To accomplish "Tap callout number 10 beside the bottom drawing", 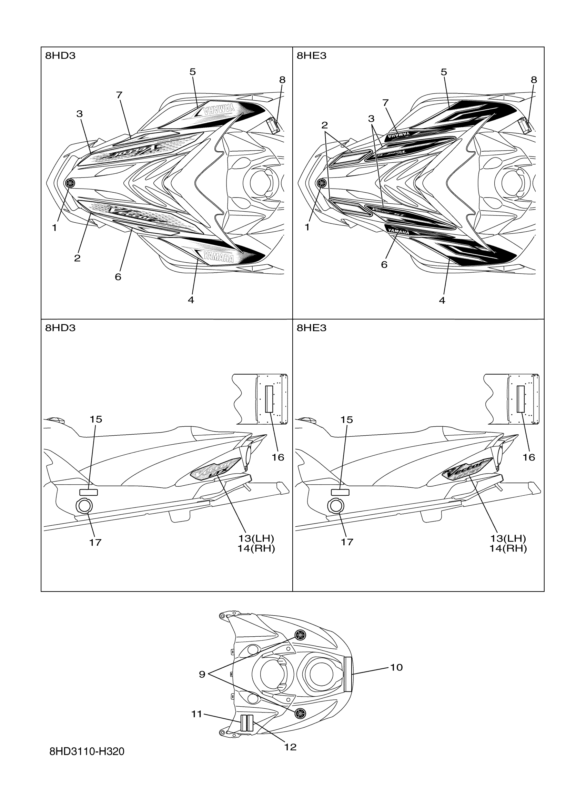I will point(396,667).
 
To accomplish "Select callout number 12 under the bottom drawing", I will point(290,747).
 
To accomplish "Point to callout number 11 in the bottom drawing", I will point(196,714).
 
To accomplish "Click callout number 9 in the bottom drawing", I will point(202,674).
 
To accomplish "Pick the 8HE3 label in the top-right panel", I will point(311,55).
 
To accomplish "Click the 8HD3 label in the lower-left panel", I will point(60,328).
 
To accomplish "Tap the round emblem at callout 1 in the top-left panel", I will point(70,183).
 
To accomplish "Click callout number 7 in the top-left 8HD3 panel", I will point(119,95).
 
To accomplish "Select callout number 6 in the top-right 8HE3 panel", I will point(384,264).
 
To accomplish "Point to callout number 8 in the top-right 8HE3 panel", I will point(534,80).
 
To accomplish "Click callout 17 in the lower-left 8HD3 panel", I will point(95,542).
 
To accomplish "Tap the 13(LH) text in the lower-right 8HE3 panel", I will point(507,538).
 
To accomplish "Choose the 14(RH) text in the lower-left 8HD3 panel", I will point(256,548).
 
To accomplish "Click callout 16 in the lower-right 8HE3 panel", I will point(528,457).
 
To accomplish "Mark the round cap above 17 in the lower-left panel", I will point(84,505).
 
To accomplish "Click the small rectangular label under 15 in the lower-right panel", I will point(340,493).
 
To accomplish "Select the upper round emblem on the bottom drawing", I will point(300,635).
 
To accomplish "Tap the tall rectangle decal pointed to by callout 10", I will point(348,669).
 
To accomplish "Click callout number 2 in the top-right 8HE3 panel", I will point(324,125).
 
